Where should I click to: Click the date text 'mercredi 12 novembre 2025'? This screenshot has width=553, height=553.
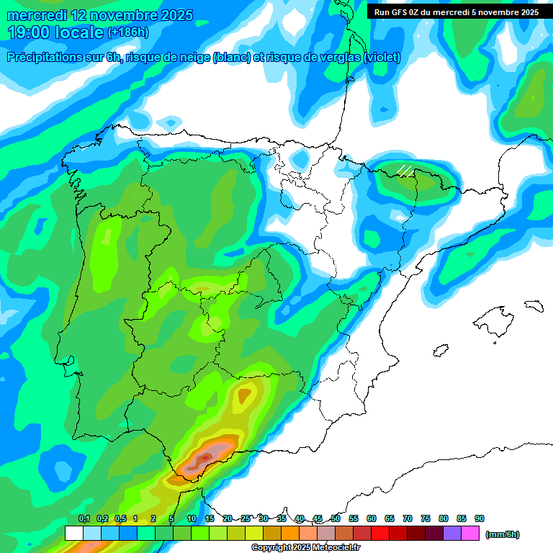click(100, 15)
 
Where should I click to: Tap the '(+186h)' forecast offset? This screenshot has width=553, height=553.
click(127, 32)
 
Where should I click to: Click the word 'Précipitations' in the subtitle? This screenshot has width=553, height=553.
click(55, 58)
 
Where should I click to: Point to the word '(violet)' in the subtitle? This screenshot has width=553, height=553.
click(382, 58)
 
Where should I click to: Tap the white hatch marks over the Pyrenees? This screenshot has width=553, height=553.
click(405, 171)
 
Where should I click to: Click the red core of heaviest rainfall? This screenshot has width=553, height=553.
click(206, 457)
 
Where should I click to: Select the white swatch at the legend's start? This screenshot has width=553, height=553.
click(73, 534)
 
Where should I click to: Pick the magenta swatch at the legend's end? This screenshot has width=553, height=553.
click(470, 534)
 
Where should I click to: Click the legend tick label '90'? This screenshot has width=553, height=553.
click(480, 519)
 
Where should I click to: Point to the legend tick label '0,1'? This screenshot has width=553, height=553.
click(84, 519)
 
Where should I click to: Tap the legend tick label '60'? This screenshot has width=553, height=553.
click(372, 519)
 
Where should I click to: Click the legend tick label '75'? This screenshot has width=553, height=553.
click(426, 519)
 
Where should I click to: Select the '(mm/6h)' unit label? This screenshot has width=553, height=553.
click(502, 534)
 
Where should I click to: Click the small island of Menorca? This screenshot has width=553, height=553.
click(534, 305)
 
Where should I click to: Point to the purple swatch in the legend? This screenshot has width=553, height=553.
click(452, 534)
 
